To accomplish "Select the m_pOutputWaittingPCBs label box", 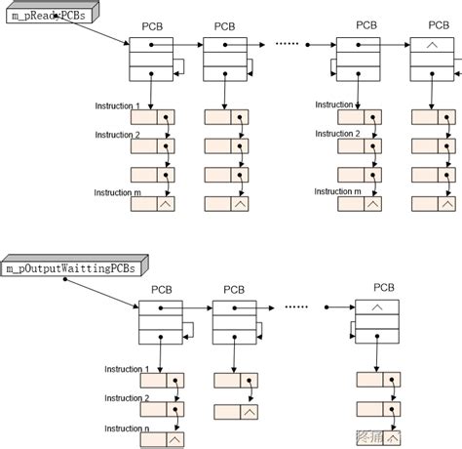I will [72, 265].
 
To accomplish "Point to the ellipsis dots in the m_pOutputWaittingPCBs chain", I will [297, 306].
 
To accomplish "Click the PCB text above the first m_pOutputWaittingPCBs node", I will [161, 289].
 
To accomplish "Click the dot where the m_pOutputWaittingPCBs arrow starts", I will [65, 279].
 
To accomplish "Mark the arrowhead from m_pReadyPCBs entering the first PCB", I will [127, 44].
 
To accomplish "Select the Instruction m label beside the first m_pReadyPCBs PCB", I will [117, 193].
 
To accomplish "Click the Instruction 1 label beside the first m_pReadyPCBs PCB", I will [117, 104].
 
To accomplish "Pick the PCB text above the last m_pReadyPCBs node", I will [432, 25].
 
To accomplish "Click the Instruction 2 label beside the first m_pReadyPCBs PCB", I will [117, 133].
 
